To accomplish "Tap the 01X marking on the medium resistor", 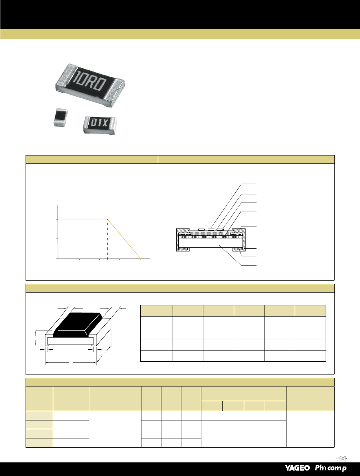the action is [99, 123].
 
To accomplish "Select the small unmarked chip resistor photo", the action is [60, 117].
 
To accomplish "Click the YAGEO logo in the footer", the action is [297, 468].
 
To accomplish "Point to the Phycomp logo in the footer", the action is [330, 468].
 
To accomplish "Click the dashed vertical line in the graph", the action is [108, 239].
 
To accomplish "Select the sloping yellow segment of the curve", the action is [124, 239].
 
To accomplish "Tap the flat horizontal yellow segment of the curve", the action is [83, 219].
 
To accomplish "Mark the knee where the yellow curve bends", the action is [108, 219].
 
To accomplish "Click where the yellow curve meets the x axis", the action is [141, 259].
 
